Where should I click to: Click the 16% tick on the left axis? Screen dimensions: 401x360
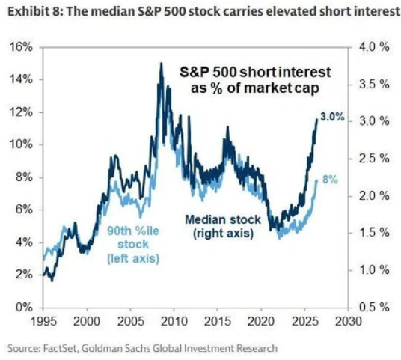point(21,48)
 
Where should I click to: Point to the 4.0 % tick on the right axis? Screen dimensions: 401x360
point(374,47)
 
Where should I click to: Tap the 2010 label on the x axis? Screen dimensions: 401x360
point(174,321)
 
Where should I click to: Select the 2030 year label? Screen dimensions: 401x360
point(349,321)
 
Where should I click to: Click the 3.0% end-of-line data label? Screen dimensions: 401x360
point(332,117)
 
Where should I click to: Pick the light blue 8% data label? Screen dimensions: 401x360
point(330,180)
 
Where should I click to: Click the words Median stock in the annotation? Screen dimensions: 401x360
point(223,219)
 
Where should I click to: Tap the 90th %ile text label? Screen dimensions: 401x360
point(133,231)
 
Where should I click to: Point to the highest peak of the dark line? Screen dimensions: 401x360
point(161,63)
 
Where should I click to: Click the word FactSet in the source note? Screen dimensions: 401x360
point(60,349)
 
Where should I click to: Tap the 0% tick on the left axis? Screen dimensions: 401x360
point(24,308)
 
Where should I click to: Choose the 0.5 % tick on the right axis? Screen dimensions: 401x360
point(374,307)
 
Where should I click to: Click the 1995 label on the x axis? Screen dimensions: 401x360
point(43,321)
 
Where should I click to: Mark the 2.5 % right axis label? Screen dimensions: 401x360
point(374,159)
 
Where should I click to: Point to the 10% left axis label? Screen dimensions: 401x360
point(21,144)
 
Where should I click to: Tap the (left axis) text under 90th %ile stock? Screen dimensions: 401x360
point(133,258)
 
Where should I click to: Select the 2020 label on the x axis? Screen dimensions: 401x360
point(261,321)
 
